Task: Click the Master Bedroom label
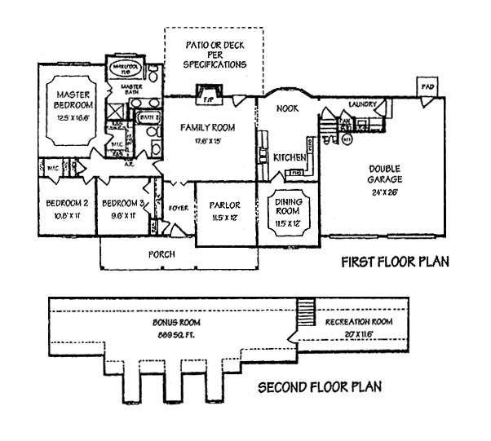coord(75,99)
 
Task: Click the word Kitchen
coord(289,157)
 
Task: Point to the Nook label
coord(287,108)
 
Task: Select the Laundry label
coord(361,105)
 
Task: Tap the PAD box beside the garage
coord(427,86)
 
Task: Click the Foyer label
coord(178,208)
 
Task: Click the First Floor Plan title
coord(394,262)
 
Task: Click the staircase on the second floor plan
coord(306,311)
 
